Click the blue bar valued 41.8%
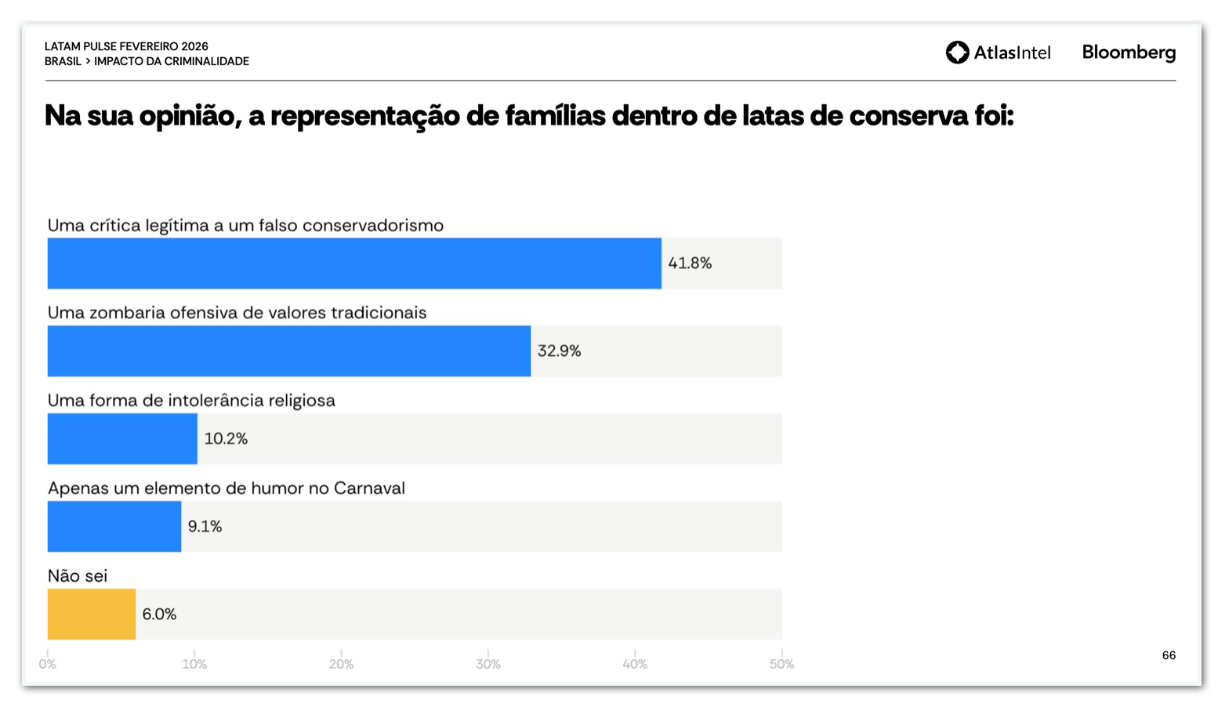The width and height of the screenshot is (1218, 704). (354, 263)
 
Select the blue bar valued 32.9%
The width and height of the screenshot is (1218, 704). (288, 351)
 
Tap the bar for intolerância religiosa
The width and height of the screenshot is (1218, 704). (122, 439)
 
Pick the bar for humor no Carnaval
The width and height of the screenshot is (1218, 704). (114, 527)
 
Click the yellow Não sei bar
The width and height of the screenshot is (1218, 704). (92, 615)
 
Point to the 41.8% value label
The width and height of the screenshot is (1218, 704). (690, 263)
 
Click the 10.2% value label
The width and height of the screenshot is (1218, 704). (226, 439)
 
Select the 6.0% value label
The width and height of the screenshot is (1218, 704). (159, 615)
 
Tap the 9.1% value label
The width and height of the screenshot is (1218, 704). (205, 527)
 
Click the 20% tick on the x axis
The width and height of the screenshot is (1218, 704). (341, 664)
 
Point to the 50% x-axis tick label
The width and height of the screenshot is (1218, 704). (781, 664)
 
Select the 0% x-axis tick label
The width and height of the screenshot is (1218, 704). (48, 664)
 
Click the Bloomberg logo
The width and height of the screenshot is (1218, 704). (1129, 53)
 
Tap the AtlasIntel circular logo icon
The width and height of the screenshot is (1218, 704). (957, 53)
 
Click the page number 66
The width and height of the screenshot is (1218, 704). (1169, 655)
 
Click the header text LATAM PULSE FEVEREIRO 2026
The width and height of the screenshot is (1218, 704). (126, 46)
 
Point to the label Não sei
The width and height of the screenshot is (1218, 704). (78, 576)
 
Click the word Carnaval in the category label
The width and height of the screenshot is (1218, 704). (369, 488)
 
